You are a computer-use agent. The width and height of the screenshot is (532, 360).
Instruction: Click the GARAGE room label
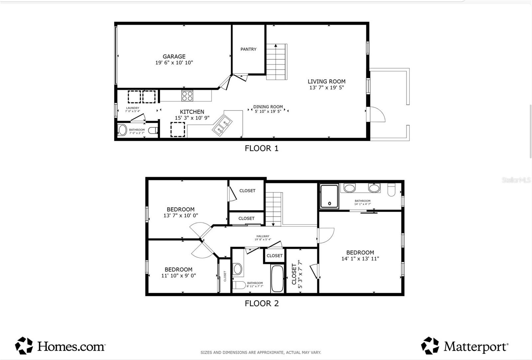point(174,57)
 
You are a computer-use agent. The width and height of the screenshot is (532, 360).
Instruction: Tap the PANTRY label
point(248,49)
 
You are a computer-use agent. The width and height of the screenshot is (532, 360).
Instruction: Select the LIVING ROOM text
point(326,82)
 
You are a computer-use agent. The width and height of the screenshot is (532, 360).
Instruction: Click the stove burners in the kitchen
point(187,96)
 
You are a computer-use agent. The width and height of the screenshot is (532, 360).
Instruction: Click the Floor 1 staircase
point(276,62)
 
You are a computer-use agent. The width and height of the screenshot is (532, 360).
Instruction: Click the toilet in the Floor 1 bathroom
point(153,130)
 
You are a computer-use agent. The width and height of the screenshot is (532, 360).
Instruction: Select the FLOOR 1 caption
point(261,148)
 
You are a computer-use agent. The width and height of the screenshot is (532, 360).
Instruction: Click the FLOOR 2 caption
point(261,303)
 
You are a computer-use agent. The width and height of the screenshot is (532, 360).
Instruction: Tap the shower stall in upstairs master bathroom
point(329,196)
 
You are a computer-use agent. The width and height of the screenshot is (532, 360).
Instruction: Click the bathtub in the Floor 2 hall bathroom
point(277,278)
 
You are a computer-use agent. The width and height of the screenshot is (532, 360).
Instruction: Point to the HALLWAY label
point(263,236)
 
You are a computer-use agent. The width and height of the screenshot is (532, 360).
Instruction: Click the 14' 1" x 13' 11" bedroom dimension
point(360,259)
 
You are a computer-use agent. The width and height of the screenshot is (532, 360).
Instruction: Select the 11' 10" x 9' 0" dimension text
point(179,275)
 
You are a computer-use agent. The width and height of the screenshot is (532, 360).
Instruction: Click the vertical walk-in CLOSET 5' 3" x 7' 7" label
point(297,274)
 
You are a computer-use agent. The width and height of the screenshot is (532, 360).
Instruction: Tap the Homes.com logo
point(60,346)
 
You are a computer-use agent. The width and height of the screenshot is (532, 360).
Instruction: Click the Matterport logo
point(465,346)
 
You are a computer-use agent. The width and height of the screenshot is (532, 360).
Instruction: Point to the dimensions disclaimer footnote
point(261,352)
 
